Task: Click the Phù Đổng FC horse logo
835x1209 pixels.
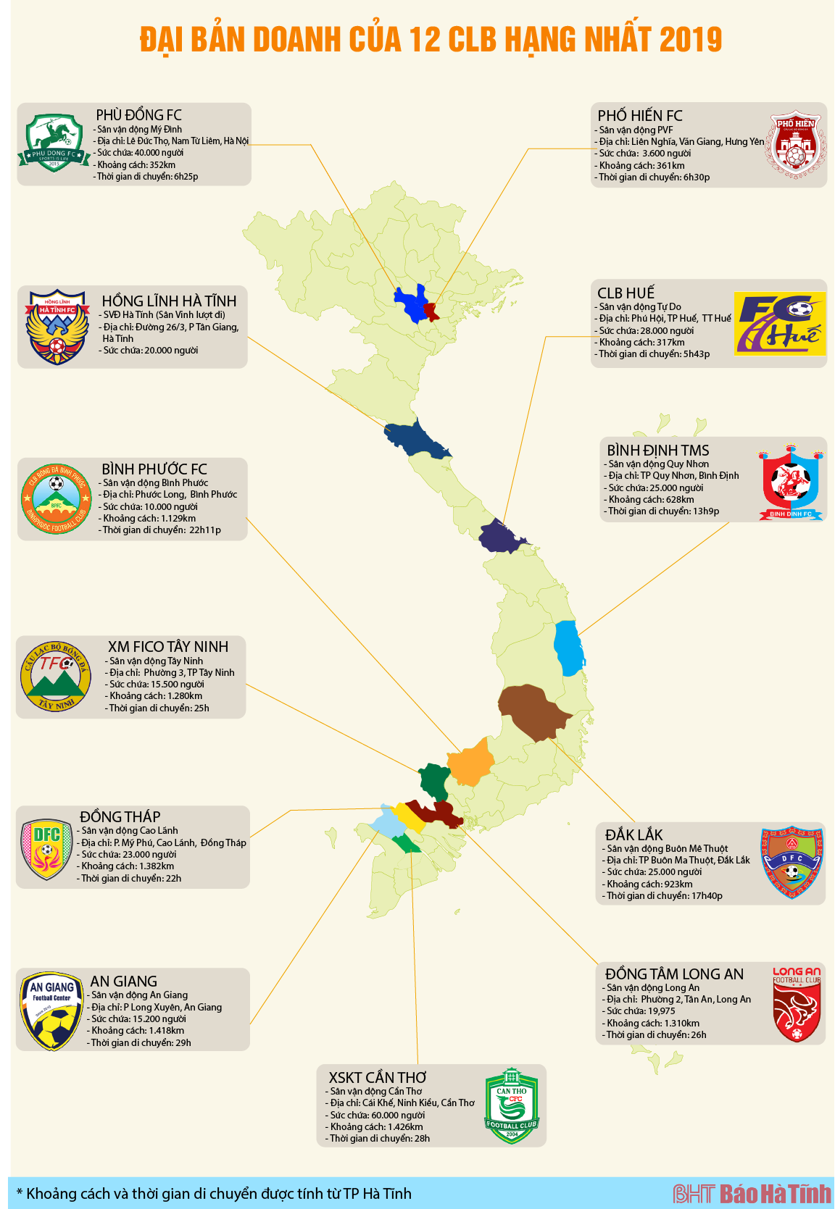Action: pyautogui.click(x=54, y=143)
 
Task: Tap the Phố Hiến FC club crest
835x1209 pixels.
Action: pyautogui.click(x=794, y=145)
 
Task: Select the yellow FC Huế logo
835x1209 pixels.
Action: pyautogui.click(x=780, y=324)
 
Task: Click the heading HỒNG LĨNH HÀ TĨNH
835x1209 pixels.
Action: pyautogui.click(x=169, y=301)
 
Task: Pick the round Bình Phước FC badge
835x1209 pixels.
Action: pyautogui.click(x=56, y=498)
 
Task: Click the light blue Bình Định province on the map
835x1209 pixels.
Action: pyautogui.click(x=569, y=648)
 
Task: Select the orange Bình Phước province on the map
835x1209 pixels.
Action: pyautogui.click(x=470, y=763)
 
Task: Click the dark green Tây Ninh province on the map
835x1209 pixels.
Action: pyautogui.click(x=434, y=780)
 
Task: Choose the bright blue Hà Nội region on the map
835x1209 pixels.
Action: pyautogui.click(x=410, y=303)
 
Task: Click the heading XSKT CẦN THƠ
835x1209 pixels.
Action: pyautogui.click(x=377, y=1078)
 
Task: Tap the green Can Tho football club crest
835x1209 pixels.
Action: pyautogui.click(x=512, y=1105)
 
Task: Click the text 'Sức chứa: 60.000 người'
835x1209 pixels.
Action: pyautogui.click(x=377, y=1115)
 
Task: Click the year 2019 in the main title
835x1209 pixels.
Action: pyautogui.click(x=691, y=40)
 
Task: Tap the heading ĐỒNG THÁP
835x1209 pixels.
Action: pyautogui.click(x=120, y=817)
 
